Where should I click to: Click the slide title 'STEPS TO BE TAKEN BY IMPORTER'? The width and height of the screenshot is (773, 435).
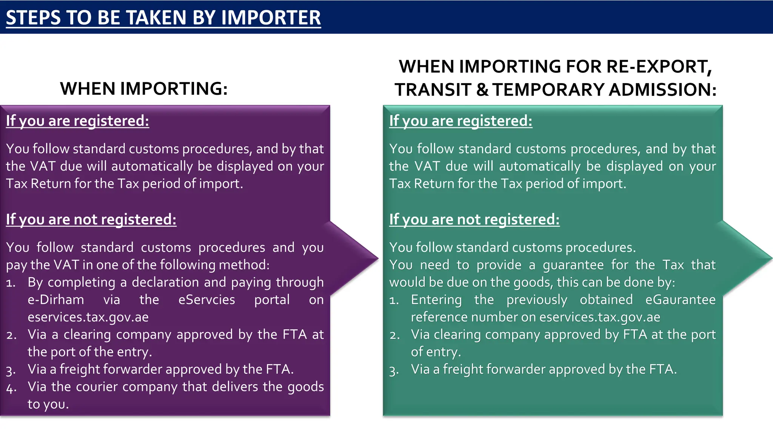[163, 18]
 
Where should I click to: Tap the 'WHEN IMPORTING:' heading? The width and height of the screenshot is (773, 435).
[144, 89]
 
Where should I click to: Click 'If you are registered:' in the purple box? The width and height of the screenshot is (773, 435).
[77, 121]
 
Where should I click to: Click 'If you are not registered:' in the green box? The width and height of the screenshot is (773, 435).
[474, 219]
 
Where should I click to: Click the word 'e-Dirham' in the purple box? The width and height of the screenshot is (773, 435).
[56, 300]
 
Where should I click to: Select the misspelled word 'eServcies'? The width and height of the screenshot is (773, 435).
[206, 300]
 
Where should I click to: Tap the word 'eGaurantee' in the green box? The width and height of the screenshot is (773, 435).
[680, 300]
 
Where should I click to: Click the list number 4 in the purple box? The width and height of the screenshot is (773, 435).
[11, 388]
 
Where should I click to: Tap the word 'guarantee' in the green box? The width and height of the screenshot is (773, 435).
[573, 265]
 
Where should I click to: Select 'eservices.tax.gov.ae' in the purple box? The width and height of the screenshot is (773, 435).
[88, 317]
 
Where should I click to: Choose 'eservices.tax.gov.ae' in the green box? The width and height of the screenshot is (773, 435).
[600, 317]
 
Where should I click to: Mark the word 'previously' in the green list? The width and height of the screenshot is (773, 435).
[537, 300]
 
